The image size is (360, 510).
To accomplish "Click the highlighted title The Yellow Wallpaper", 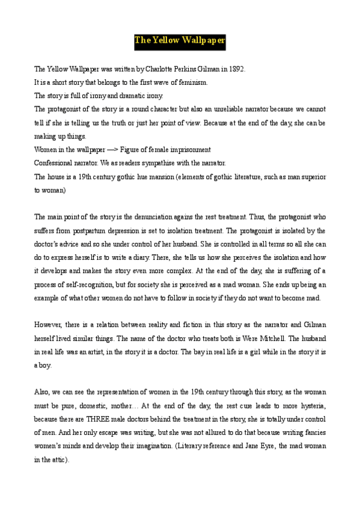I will [180, 41].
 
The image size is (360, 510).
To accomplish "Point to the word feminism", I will [193, 82].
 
